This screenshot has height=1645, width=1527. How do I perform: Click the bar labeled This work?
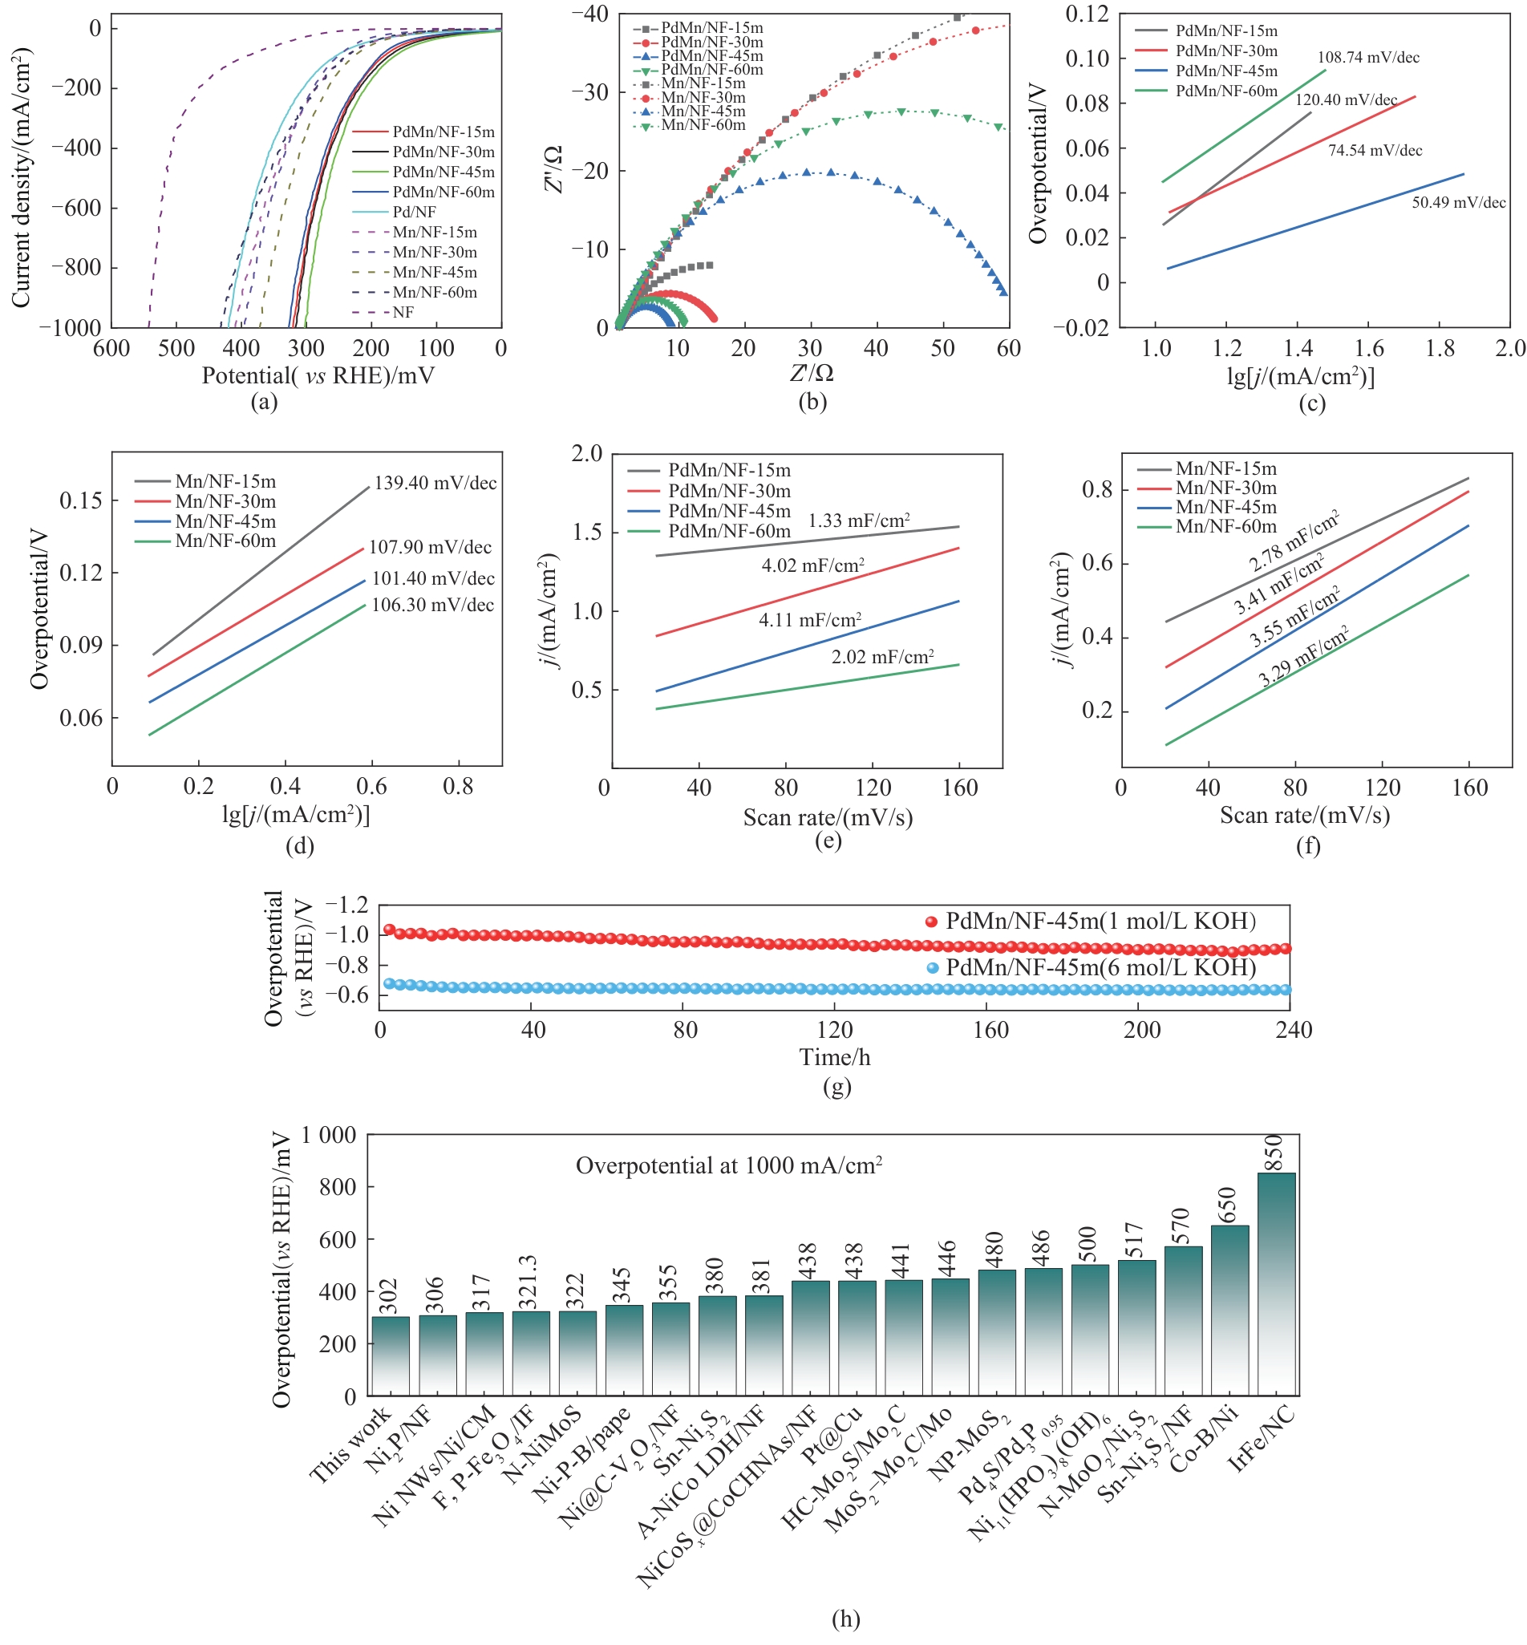[x=390, y=1355]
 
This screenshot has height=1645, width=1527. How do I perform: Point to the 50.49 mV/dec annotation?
[x=1457, y=202]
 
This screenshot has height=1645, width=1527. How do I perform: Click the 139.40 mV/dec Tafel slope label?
[x=435, y=484]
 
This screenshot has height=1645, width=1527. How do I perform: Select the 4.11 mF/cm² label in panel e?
[x=810, y=620]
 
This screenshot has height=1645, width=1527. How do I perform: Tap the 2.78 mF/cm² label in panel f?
[x=1293, y=542]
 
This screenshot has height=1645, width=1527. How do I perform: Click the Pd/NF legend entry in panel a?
[x=414, y=212]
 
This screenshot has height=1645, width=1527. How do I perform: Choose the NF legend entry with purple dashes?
[x=403, y=312]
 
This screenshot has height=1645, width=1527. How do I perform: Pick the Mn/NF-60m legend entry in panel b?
[x=703, y=126]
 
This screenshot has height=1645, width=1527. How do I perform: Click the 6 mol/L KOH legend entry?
[x=1100, y=967]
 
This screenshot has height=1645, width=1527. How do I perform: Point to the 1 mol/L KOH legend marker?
[x=931, y=922]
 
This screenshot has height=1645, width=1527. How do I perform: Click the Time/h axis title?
[x=835, y=1058]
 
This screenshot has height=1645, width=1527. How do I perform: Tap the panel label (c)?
[x=1311, y=403]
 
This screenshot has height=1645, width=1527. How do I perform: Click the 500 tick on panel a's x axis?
[x=176, y=348]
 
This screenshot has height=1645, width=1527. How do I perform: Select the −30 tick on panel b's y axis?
[x=590, y=91]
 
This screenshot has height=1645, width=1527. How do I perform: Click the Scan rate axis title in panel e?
[x=828, y=818]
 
